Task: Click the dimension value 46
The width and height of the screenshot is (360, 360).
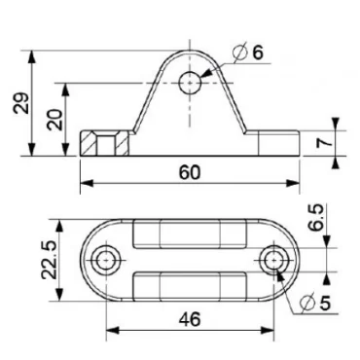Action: [189, 316]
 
